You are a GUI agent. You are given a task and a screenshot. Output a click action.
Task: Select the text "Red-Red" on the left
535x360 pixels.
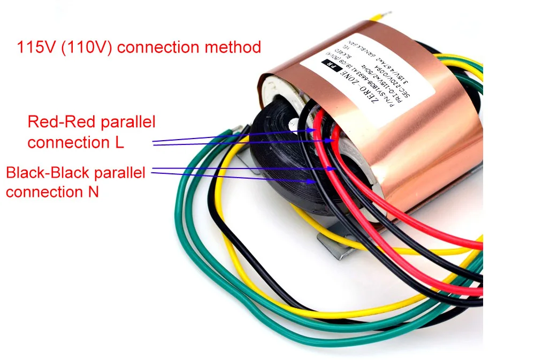pyautogui.click(x=58, y=122)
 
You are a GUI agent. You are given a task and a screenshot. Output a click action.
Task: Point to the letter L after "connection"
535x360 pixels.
pyautogui.click(x=119, y=143)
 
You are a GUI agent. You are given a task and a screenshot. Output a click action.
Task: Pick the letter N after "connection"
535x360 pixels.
pyautogui.click(x=94, y=192)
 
